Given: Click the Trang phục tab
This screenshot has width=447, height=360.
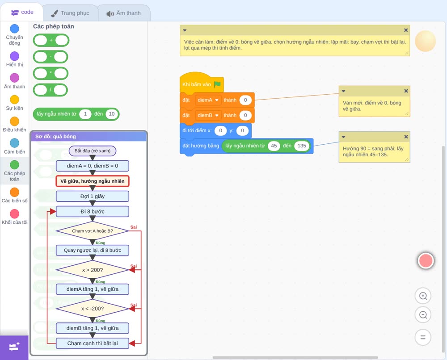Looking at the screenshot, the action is pyautogui.click(x=71, y=13).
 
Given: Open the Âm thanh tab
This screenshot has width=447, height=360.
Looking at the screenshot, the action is pyautogui.click(x=124, y=13).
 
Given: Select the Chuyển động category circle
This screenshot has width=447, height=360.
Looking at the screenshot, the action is pyautogui.click(x=15, y=29).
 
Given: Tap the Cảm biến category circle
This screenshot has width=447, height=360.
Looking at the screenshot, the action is pyautogui.click(x=15, y=143).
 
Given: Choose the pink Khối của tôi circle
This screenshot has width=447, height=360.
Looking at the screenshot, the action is pyautogui.click(x=15, y=213).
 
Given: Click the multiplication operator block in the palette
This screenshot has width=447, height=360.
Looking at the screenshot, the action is pyautogui.click(x=51, y=74).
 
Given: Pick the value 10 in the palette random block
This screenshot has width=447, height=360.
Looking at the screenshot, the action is pyautogui.click(x=111, y=114).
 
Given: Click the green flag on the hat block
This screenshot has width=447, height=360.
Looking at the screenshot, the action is pyautogui.click(x=217, y=84).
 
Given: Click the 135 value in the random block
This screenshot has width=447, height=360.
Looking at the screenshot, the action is pyautogui.click(x=302, y=146).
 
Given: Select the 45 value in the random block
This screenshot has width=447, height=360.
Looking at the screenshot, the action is pyautogui.click(x=274, y=146).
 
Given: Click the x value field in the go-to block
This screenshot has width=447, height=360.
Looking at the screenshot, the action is pyautogui.click(x=220, y=130).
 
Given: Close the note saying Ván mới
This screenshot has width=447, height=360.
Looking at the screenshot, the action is pyautogui.click(x=406, y=91).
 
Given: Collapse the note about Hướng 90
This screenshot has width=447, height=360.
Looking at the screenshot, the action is pyautogui.click(x=343, y=137).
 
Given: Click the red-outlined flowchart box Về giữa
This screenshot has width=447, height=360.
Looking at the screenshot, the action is pyautogui.click(x=93, y=181).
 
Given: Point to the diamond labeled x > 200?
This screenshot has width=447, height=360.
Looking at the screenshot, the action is pyautogui.click(x=93, y=270).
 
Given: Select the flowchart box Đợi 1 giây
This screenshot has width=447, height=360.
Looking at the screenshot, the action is pyautogui.click(x=93, y=196).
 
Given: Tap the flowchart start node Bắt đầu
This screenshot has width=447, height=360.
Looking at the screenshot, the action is pyautogui.click(x=93, y=151).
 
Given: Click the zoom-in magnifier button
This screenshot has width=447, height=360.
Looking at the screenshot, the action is pyautogui.click(x=423, y=296).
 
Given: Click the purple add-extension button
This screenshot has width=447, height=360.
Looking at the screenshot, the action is pyautogui.click(x=14, y=347).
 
